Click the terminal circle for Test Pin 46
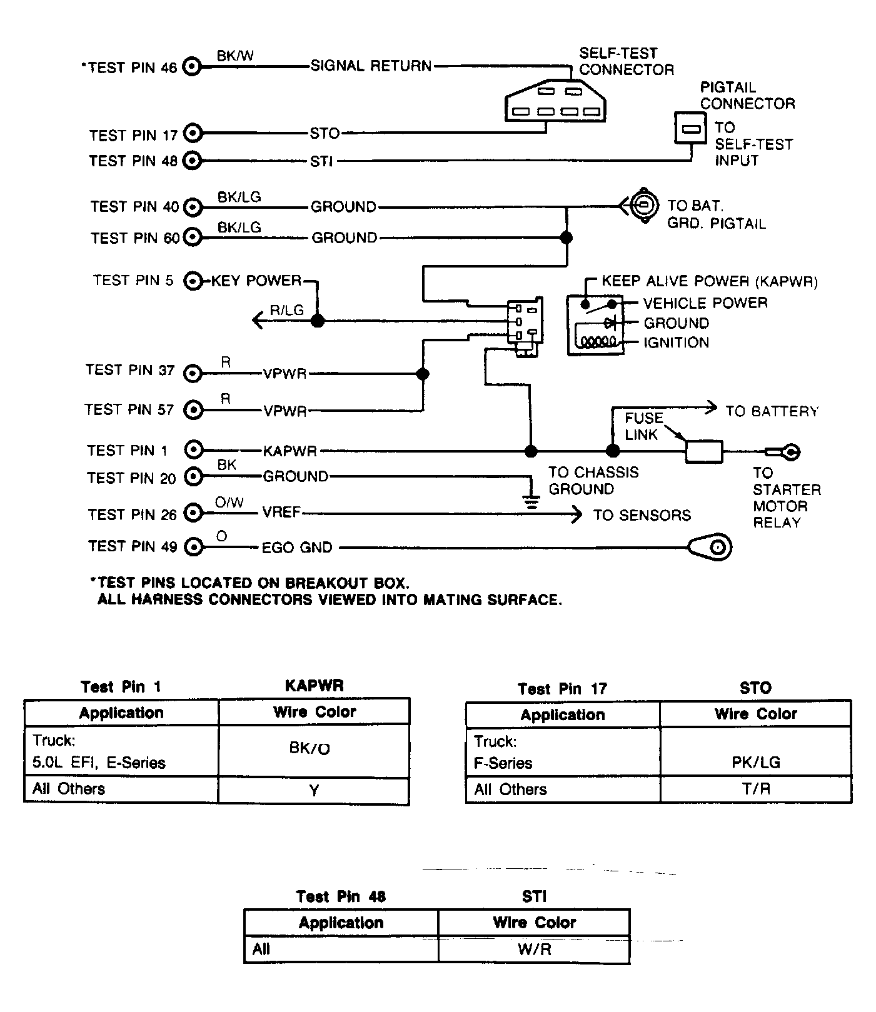click(x=193, y=67)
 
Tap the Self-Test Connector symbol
click(x=555, y=101)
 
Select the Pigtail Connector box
click(x=690, y=128)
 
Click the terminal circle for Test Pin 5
click(x=193, y=281)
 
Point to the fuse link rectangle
click(x=704, y=451)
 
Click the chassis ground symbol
click(x=531, y=501)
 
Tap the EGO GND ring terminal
click(x=711, y=548)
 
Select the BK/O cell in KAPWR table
click(x=314, y=750)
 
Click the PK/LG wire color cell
click(x=755, y=762)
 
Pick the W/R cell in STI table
click(x=534, y=950)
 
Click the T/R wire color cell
click(x=755, y=789)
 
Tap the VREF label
click(x=281, y=513)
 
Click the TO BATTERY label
click(x=772, y=411)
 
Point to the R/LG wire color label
click(x=287, y=310)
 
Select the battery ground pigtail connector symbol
click(x=643, y=205)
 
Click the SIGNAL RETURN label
click(x=371, y=66)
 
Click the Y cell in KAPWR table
click(x=314, y=791)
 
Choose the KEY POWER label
click(x=256, y=281)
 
